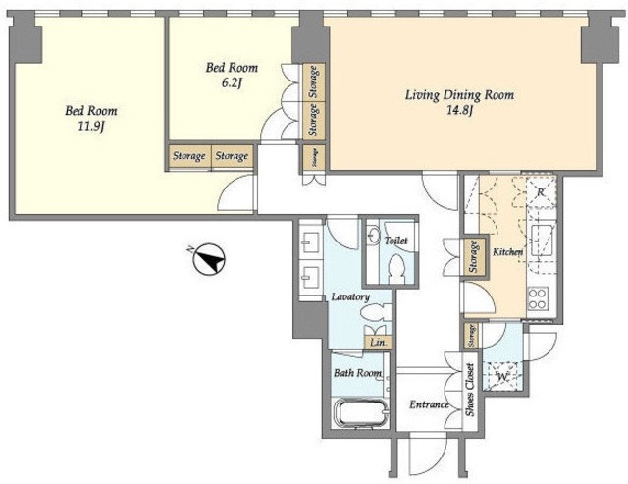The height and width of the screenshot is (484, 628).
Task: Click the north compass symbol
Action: tap(209, 259)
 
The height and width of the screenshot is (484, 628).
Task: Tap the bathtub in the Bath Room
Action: tap(360, 412)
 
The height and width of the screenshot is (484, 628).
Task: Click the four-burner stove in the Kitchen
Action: tap(537, 298)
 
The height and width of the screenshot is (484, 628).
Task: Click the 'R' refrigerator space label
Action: tap(541, 192)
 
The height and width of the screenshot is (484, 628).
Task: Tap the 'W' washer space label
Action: tap(501, 377)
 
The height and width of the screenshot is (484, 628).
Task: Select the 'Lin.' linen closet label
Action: tap(378, 343)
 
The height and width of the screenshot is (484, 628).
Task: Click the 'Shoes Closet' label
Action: tap(470, 390)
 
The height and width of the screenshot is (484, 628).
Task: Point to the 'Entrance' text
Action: tap(429, 404)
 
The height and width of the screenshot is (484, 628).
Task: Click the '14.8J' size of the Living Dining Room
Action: tap(459, 110)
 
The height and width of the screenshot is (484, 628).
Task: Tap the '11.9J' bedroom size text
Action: tap(91, 127)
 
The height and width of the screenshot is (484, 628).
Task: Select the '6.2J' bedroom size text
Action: tap(232, 83)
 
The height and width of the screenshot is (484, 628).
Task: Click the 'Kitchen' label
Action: tap(507, 252)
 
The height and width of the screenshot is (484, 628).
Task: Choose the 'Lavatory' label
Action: tap(350, 296)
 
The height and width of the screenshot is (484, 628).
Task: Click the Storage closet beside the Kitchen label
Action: tap(474, 256)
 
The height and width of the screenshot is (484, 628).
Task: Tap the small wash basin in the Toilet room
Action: tap(374, 236)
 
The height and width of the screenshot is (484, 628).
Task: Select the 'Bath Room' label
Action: tap(357, 373)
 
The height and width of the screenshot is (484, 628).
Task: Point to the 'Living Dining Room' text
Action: tap(459, 95)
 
